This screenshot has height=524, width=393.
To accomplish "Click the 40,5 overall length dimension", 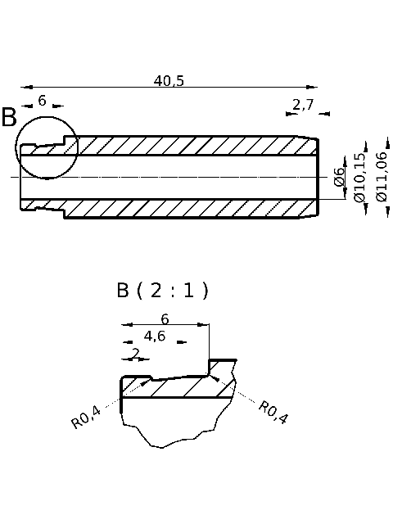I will pos(169,80).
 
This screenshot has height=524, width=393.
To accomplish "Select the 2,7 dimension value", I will pos(303,104).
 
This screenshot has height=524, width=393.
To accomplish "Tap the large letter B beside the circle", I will pos(9,118).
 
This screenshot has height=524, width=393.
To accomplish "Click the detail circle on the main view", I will pos(47,147).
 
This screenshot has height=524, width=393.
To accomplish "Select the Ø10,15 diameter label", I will pos(359,177).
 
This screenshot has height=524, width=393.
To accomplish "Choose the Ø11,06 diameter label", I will pos(381,176).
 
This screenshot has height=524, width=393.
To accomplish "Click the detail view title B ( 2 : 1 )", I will pos(162,291).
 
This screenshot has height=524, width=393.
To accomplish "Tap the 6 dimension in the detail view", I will pos(165,318).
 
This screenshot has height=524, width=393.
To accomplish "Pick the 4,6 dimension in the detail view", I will pos(154,336).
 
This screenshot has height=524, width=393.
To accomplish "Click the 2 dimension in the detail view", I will pos(135,354).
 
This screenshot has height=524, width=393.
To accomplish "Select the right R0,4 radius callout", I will pos(273,412).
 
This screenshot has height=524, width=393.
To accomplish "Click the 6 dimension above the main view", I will pos(42,102).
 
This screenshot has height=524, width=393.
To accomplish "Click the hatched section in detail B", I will pos(176,388).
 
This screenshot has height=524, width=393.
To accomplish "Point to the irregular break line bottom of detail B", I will pos(172,438).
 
